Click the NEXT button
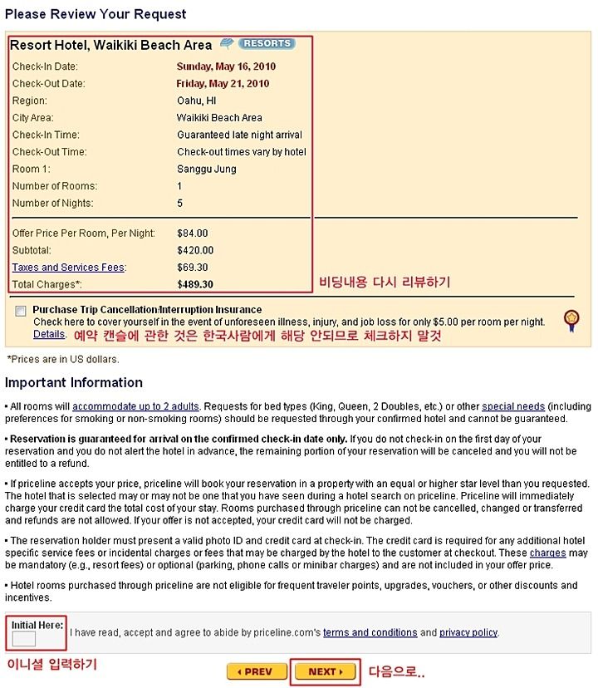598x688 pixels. click(325, 671)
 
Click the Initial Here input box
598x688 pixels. click(24, 639)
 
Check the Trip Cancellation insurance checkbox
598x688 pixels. click(20, 311)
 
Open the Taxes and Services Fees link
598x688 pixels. click(68, 268)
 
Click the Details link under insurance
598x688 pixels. click(49, 334)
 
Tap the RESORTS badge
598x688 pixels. click(267, 43)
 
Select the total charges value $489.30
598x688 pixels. click(195, 284)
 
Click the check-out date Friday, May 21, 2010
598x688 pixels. click(223, 84)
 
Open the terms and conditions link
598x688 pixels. click(370, 632)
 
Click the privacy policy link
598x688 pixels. click(468, 632)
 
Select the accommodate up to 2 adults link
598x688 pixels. click(135, 406)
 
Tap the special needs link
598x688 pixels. click(513, 406)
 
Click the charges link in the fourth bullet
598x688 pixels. click(548, 553)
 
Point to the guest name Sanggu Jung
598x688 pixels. click(207, 170)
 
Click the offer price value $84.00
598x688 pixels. click(193, 233)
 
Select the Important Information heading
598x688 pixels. click(74, 383)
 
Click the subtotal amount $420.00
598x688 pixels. click(195, 250)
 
